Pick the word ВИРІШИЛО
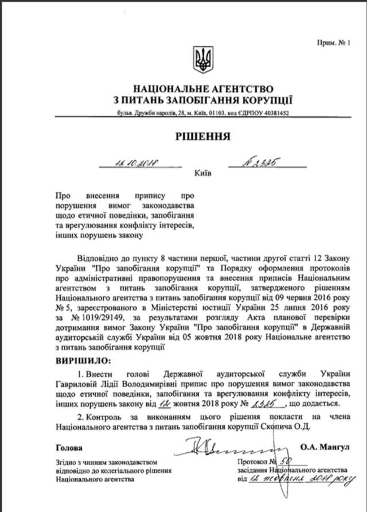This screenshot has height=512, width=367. [x=84, y=360]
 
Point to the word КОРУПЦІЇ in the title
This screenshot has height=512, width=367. [x=264, y=101]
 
